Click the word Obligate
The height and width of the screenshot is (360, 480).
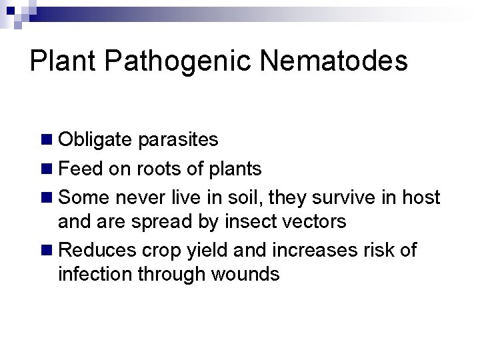(x=96, y=140)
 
